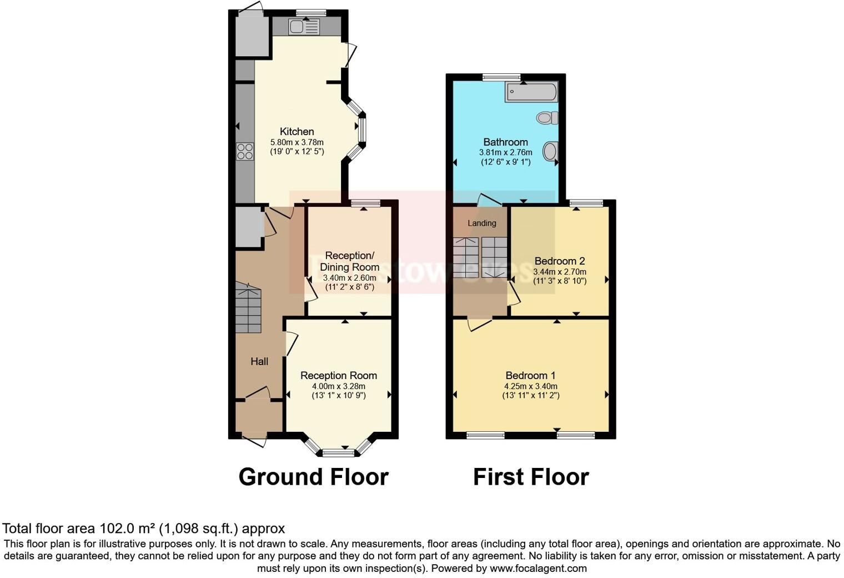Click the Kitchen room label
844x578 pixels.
coord(297,132)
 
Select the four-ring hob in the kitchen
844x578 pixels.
coord(245,151)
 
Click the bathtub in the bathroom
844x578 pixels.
coord(531,92)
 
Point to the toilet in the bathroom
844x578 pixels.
coord(547,118)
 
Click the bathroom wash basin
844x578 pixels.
coord(550,151)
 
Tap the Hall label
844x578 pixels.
coord(259,362)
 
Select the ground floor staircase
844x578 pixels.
coord(248,308)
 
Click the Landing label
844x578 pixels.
coord(481,223)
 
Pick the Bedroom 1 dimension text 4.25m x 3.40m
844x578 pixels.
coord(530,386)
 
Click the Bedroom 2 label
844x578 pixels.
coord(559,261)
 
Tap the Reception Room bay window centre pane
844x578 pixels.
coord(338,453)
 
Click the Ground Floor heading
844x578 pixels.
coord(313,477)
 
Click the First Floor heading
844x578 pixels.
coord(530,477)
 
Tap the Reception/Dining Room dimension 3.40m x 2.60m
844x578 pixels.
coord(349,278)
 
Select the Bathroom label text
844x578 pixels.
coord(505,142)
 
